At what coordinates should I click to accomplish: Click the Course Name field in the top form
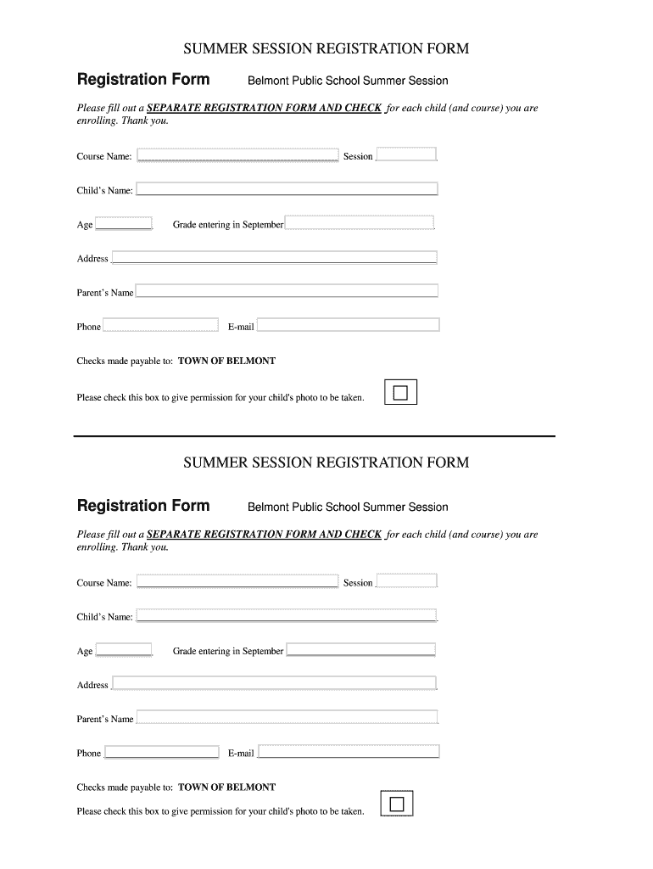[237, 155]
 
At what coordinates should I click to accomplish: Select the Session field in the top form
[406, 154]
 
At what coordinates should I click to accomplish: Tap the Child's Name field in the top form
[287, 189]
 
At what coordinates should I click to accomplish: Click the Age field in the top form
[124, 224]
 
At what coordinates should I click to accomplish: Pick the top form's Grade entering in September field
[360, 224]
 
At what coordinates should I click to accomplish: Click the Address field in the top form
[274, 257]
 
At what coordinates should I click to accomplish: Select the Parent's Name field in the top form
[287, 291]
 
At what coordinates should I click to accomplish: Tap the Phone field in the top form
[160, 325]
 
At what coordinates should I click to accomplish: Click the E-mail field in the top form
[348, 325]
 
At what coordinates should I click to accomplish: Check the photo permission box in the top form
[400, 393]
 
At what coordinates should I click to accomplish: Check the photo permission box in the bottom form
[397, 804]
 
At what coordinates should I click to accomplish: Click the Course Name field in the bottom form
[237, 581]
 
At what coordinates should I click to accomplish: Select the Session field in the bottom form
[406, 581]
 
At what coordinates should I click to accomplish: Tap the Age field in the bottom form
[124, 650]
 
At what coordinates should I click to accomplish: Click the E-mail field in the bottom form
[348, 752]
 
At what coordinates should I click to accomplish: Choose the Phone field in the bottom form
[160, 752]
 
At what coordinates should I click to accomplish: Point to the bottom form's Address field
[274, 683]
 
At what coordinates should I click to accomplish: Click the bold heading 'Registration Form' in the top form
[143, 80]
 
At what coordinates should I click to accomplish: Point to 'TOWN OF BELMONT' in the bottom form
[226, 787]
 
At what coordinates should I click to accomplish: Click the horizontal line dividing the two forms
[314, 436]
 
